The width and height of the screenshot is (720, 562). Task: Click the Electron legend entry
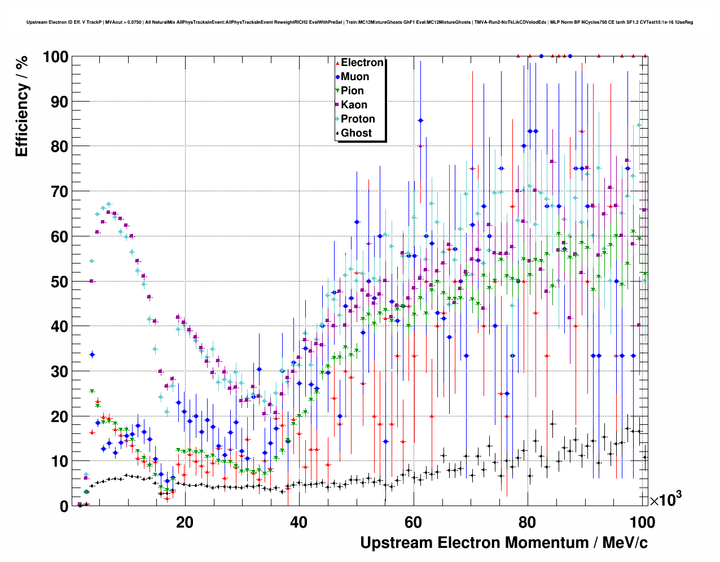362,63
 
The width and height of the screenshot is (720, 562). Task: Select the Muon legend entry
355,77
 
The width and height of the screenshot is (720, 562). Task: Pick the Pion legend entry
352,91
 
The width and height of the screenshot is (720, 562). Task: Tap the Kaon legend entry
354,105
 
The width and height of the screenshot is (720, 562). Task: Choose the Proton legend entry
358,119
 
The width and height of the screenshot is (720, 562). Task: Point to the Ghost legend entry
356,133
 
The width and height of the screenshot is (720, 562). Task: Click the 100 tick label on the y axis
55,57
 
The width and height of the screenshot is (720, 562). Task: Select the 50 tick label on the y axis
60,282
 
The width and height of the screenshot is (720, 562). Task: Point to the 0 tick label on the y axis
64,506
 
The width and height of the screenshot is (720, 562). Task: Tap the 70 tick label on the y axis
60,192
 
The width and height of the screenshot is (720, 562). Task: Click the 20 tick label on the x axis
185,523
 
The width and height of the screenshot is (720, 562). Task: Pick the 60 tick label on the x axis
414,523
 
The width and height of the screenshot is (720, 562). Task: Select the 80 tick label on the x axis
528,523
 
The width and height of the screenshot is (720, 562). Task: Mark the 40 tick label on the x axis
299,523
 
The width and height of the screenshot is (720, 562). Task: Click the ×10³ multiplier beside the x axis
666,499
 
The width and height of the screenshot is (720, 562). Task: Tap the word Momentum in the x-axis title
547,543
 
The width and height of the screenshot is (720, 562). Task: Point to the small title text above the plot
359,23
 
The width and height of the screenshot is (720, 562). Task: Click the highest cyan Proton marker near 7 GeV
109,204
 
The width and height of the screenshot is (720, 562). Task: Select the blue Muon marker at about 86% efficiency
420,121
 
